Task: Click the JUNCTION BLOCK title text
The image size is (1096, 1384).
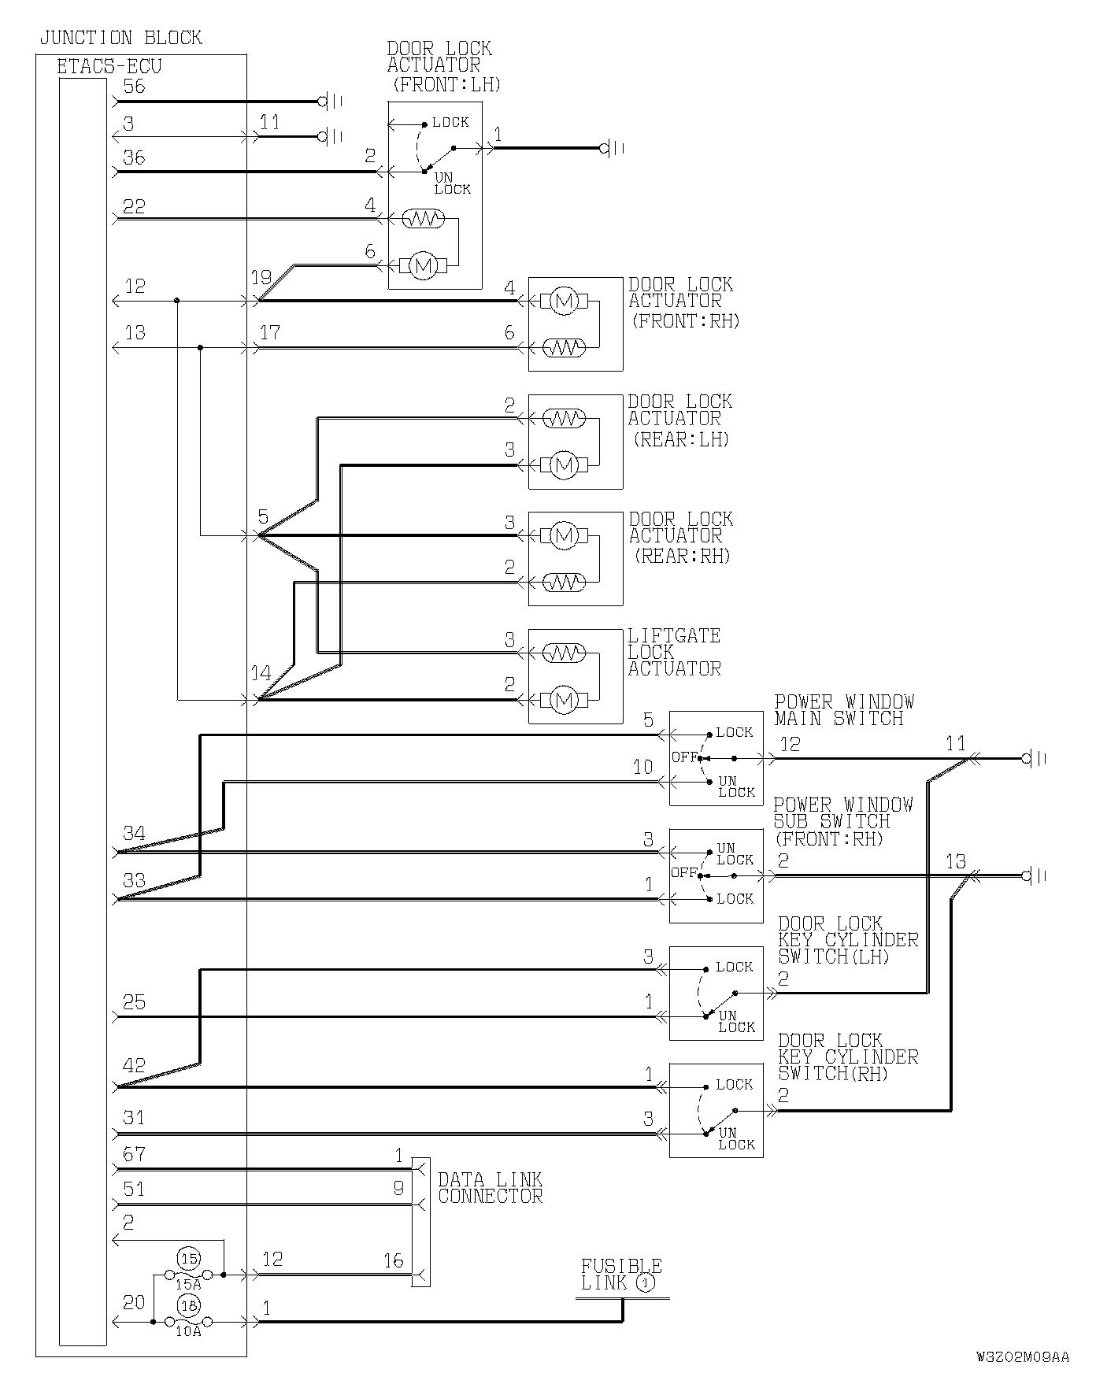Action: (x=120, y=38)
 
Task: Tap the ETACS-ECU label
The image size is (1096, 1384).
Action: (x=109, y=66)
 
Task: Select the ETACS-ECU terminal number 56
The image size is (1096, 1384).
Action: (x=135, y=86)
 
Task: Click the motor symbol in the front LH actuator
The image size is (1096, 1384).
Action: (x=424, y=266)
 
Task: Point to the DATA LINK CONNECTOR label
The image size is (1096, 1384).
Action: (x=490, y=1188)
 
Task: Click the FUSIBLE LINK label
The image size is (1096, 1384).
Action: (x=620, y=1274)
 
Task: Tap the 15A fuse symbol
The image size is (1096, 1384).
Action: (x=188, y=1274)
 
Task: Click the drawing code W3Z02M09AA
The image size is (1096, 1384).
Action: (x=1022, y=1356)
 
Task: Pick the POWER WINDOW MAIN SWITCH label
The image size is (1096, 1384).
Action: (x=843, y=710)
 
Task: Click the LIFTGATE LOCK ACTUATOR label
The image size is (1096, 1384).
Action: (x=674, y=652)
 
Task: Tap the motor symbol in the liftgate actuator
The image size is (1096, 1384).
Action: (x=563, y=700)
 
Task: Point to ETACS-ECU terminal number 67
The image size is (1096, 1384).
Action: (x=135, y=1154)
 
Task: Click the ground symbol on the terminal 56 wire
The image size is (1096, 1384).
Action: (x=324, y=102)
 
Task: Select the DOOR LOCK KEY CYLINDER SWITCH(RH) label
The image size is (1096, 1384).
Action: (x=848, y=1057)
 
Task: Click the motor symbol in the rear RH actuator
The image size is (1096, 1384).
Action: (x=563, y=536)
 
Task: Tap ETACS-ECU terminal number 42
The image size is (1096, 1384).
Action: (x=135, y=1065)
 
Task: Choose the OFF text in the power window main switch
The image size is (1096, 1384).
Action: (x=684, y=757)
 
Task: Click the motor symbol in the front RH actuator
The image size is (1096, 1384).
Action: (x=563, y=301)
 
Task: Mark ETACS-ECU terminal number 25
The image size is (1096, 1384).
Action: (x=135, y=1002)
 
